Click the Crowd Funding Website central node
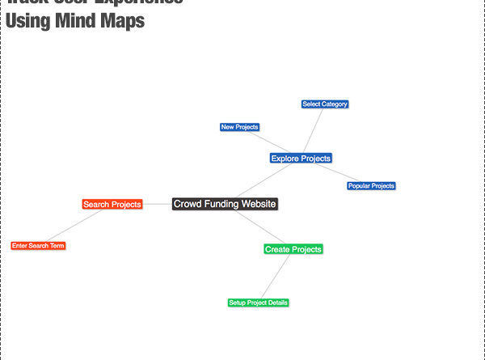225,204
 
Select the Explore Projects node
301,159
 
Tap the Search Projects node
112,205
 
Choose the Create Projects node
293,249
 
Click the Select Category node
325,104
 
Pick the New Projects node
239,127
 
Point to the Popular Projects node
371,186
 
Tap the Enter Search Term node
38,245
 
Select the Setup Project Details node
258,303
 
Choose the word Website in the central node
256,204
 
